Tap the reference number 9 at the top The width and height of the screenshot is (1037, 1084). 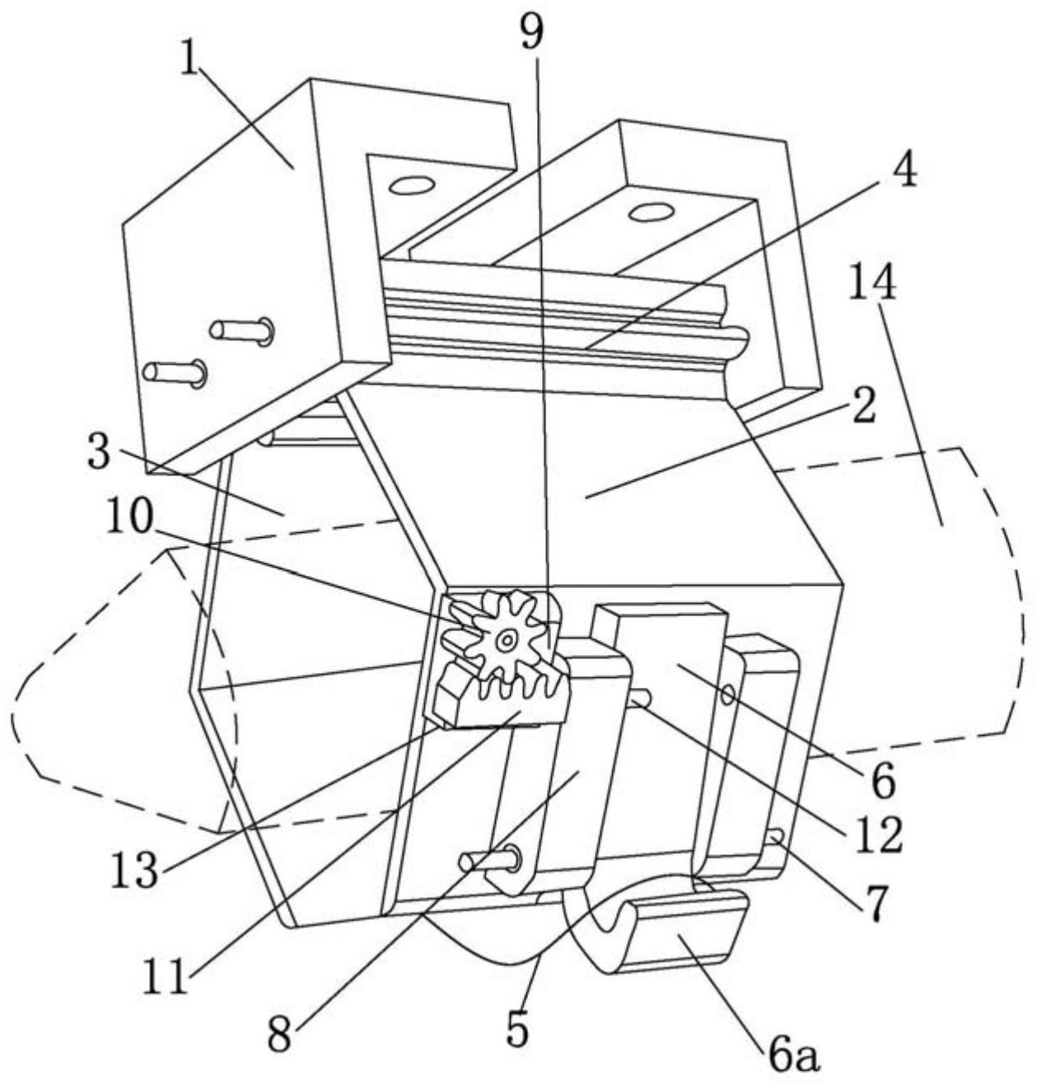click(x=530, y=30)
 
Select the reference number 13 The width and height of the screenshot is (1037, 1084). click(x=134, y=868)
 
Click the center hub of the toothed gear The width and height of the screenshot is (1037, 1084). click(x=507, y=642)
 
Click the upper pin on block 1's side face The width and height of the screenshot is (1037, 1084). click(x=241, y=329)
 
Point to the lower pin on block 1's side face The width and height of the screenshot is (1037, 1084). click(x=175, y=372)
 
